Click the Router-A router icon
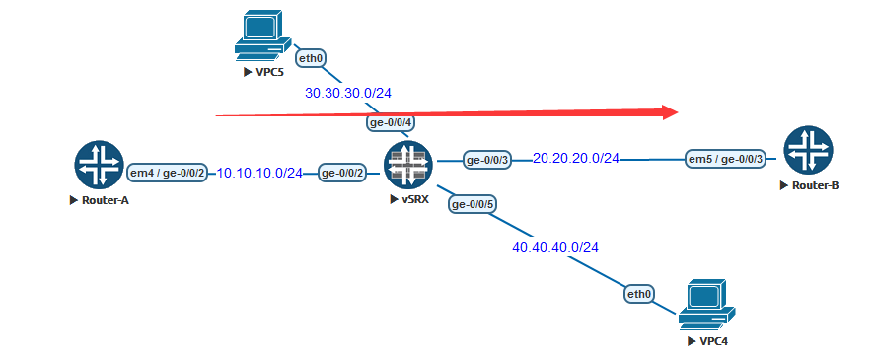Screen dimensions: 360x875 pyautogui.click(x=98, y=165)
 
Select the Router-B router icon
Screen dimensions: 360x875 pyautogui.click(x=807, y=151)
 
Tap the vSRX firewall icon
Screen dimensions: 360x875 pyautogui.click(x=406, y=165)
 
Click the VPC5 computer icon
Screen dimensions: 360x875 pyautogui.click(x=260, y=36)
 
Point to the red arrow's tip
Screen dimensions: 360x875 pyautogui.click(x=679, y=111)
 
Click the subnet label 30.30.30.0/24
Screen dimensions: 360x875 pyautogui.click(x=348, y=94)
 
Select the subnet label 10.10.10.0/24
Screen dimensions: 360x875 pyautogui.click(x=259, y=173)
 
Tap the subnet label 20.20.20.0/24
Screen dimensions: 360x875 pyautogui.click(x=576, y=158)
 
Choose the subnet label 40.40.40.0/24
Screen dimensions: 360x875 pyautogui.click(x=554, y=247)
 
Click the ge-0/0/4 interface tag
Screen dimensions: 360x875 pyautogui.click(x=390, y=123)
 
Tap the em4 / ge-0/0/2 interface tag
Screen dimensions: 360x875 pyautogui.click(x=168, y=174)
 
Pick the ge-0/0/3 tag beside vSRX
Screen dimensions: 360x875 pyautogui.click(x=487, y=160)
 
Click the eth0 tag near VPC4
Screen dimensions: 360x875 pyautogui.click(x=639, y=294)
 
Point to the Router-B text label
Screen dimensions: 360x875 pyautogui.click(x=813, y=185)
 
